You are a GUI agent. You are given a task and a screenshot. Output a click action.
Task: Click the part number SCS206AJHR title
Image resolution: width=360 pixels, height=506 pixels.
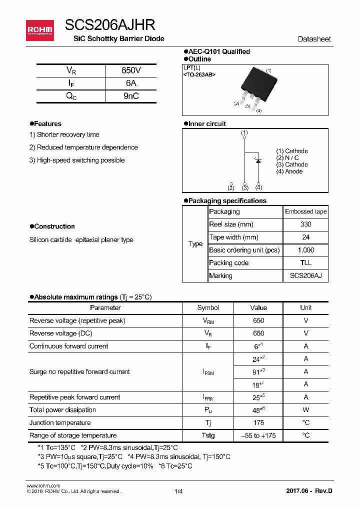point(110,25)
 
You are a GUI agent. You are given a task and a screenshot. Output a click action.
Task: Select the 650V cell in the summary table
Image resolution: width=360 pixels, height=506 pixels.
point(131,70)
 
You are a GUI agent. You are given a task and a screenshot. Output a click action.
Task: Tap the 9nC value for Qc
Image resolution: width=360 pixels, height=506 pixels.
point(131,96)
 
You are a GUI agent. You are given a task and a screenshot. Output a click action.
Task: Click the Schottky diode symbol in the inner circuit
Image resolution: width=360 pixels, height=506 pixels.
point(258,160)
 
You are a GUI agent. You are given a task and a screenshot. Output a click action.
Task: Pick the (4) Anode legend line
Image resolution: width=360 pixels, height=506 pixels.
point(289,171)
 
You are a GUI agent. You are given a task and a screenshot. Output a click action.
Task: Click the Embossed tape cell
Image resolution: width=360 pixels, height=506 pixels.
point(305,211)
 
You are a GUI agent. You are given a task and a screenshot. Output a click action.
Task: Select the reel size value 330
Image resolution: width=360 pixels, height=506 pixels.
point(305,224)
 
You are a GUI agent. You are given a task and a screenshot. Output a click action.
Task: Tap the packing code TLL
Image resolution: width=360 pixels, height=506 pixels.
point(305,263)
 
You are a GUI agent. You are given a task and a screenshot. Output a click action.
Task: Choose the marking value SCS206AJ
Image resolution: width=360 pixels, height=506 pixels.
point(305,276)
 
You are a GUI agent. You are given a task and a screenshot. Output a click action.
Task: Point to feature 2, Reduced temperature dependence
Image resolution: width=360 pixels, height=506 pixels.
point(83,147)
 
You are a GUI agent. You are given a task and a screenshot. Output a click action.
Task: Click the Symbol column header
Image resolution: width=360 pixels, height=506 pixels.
point(208,308)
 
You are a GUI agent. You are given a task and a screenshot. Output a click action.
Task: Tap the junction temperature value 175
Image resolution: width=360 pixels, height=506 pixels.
point(258,423)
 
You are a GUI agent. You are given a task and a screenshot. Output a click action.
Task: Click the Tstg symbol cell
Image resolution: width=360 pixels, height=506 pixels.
point(208,435)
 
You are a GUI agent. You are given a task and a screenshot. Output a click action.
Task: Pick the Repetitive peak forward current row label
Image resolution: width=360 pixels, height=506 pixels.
point(75,397)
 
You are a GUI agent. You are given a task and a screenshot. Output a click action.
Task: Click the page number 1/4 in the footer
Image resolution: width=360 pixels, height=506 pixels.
point(178,491)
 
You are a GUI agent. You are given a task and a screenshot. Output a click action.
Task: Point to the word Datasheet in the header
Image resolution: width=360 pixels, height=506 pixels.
point(314,39)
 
